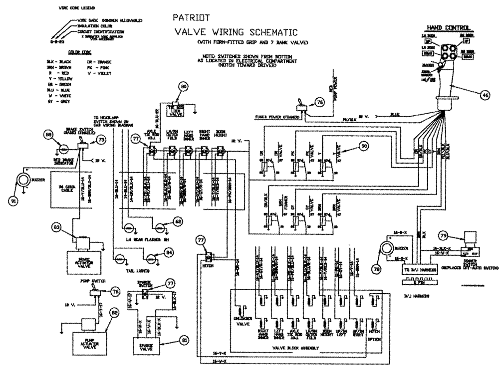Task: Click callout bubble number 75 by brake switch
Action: [101, 140]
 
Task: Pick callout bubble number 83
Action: [58, 229]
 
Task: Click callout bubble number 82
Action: [115, 313]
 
